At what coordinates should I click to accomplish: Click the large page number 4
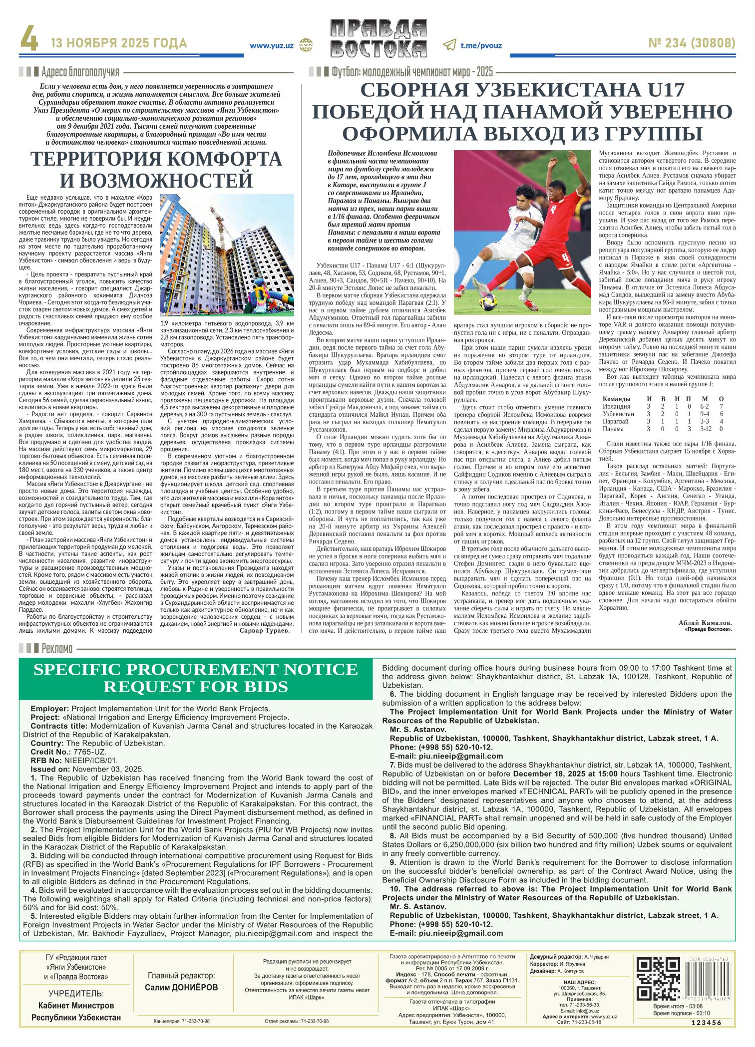click(x=28, y=43)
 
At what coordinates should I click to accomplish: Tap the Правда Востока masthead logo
click(x=377, y=44)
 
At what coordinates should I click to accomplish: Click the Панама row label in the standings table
click(x=613, y=429)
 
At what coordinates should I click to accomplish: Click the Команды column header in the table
click(x=616, y=399)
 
